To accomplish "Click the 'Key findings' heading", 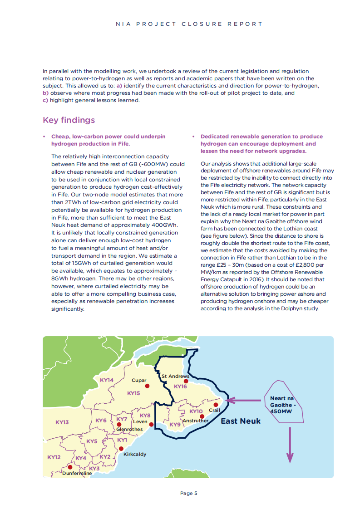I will [x=69, y=120].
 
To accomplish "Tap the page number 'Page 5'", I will [x=189, y=493].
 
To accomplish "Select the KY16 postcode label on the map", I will [x=180, y=387].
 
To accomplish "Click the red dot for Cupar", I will [x=147, y=386].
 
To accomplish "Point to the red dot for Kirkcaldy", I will [x=121, y=449].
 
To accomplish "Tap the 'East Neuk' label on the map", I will [x=241, y=421].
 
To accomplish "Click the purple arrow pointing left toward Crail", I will [x=243, y=400].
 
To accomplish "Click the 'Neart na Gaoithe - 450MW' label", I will [x=282, y=405].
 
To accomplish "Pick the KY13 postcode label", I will [x=62, y=422].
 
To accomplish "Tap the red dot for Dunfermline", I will [x=70, y=467].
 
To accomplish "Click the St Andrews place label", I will [x=175, y=376].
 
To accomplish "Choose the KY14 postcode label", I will [x=107, y=380].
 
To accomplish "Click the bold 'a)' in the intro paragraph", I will [x=119, y=86].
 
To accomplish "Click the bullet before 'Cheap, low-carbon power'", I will [x=44, y=137].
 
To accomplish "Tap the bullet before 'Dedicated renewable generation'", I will [x=193, y=137].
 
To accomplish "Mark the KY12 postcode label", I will [x=54, y=457].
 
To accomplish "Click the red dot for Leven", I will [x=152, y=425].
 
